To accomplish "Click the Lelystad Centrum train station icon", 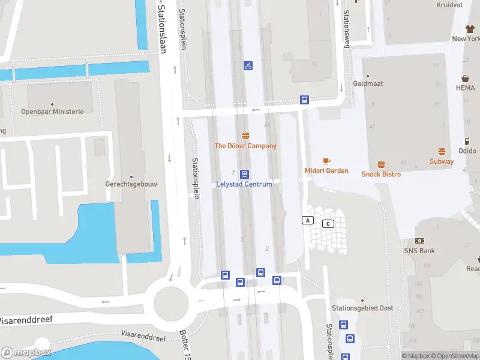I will (244, 174).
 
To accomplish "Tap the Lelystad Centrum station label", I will (244, 184).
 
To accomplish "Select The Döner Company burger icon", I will (245, 136).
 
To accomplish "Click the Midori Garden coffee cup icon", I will (326, 161).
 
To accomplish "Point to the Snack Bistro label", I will (381, 174).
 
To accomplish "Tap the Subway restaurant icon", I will (442, 151).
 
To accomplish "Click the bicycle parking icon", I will (248, 65).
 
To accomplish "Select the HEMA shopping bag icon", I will (465, 79).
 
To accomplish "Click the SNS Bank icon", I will (419, 241).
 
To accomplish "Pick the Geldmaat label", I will (368, 84).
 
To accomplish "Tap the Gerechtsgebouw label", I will (131, 184).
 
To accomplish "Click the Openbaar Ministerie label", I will (53, 112).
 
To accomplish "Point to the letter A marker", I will (308, 220).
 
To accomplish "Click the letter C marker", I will (328, 224).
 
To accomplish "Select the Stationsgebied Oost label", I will (362, 308).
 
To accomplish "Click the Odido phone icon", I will (467, 142).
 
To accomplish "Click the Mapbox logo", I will (26, 353).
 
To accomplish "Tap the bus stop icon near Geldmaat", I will (304, 100).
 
